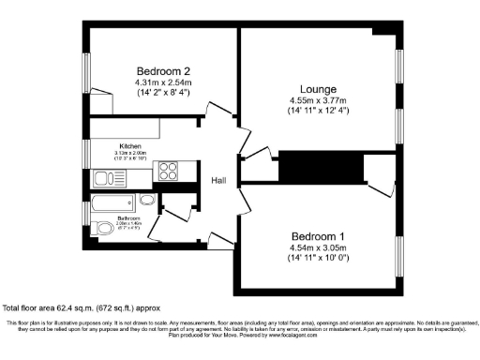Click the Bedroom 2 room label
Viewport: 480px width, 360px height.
(163, 71)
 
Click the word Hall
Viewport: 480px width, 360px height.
(219, 181)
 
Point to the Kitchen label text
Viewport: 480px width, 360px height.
(128, 146)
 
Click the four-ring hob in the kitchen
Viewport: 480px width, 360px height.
(169, 172)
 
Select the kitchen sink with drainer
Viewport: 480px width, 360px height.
(111, 177)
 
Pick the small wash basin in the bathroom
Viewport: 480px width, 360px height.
(147, 200)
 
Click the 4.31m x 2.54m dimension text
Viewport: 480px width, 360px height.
(163, 82)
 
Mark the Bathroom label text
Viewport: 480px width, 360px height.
(128, 219)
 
